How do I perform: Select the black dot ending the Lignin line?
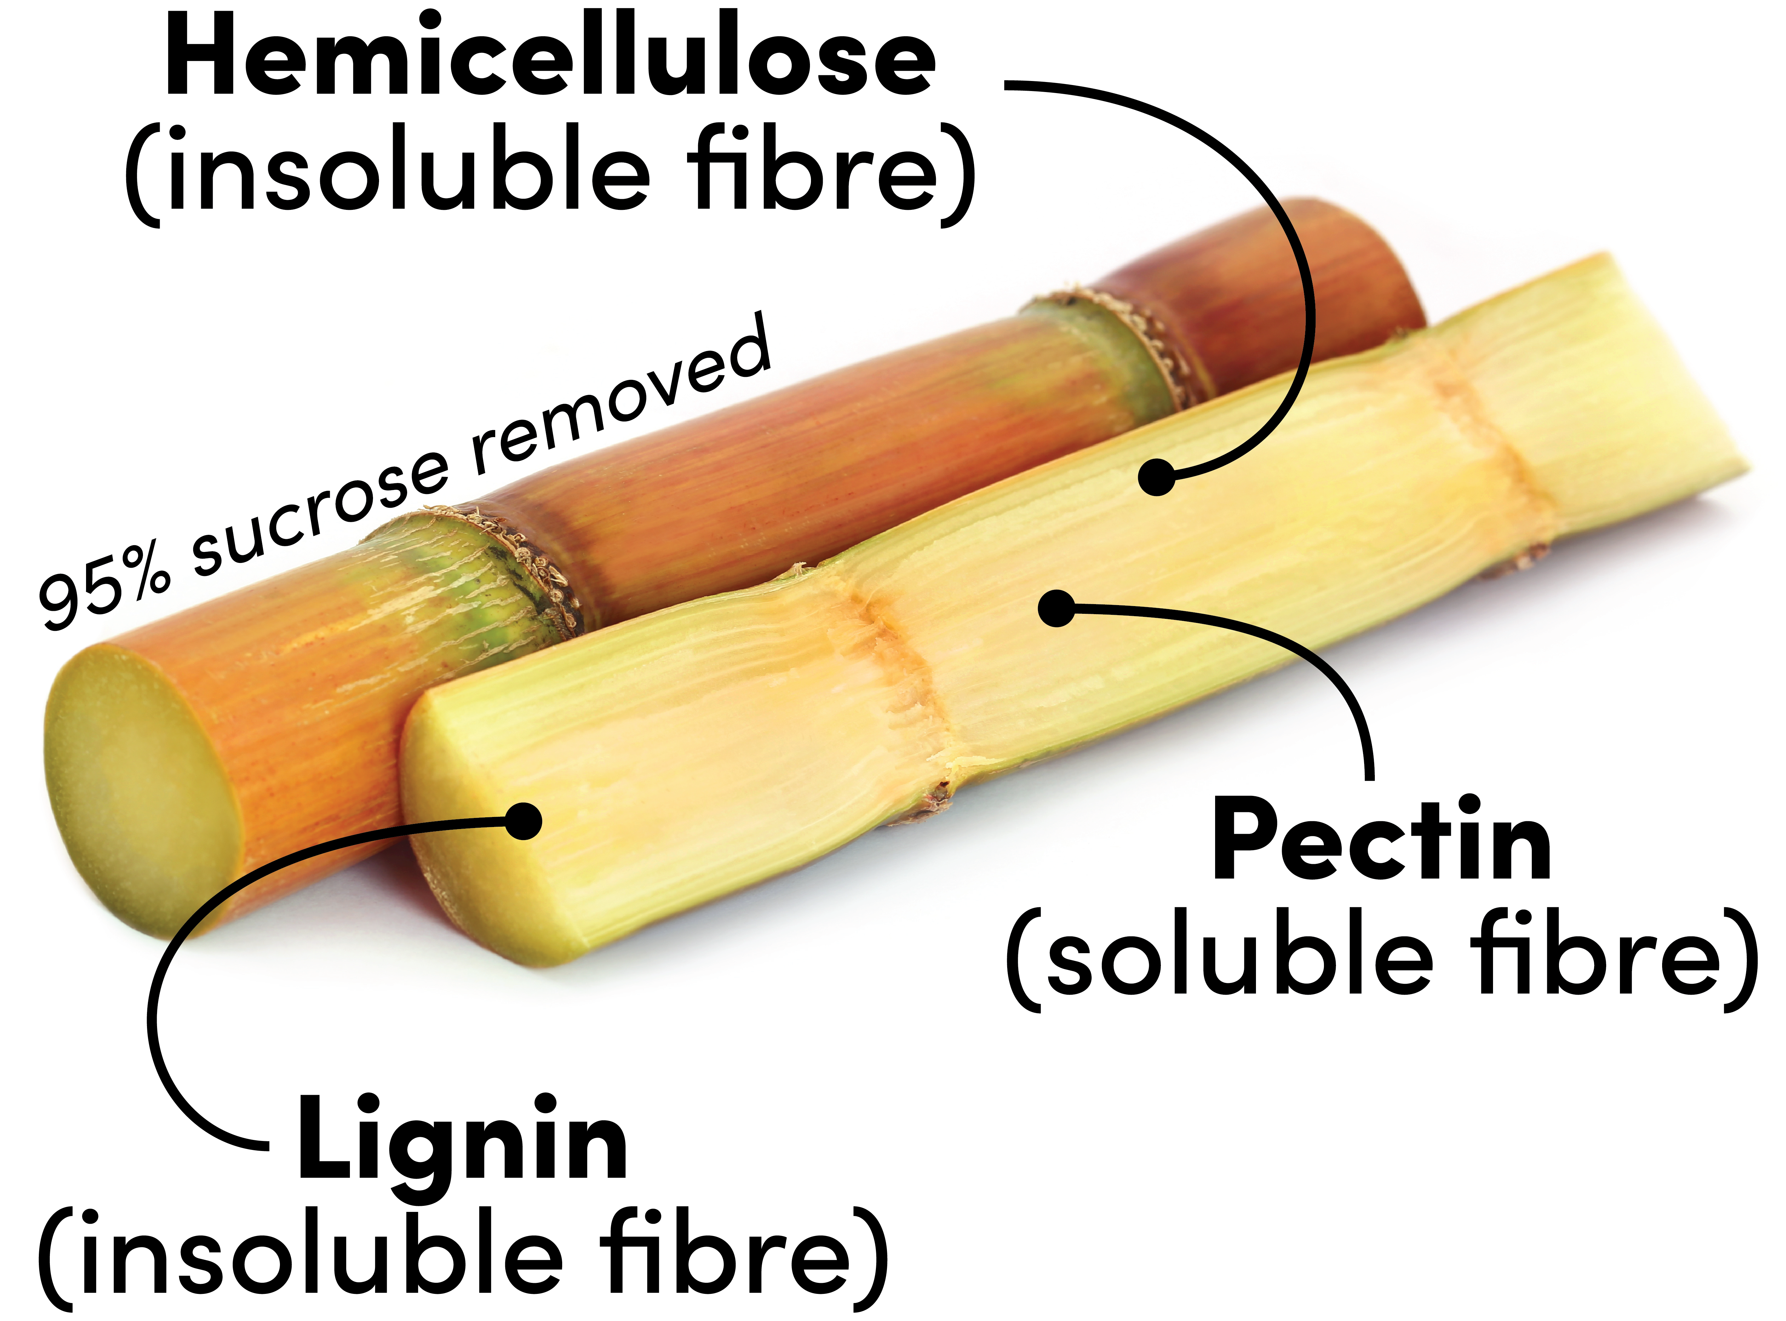pos(524,821)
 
